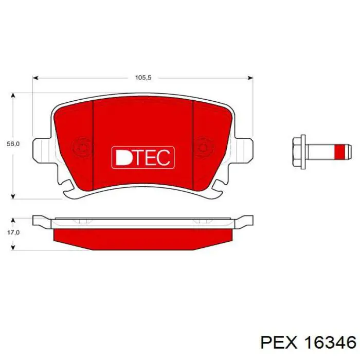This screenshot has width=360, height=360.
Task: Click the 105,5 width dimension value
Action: (143, 77)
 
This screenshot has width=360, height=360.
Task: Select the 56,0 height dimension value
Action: (13, 144)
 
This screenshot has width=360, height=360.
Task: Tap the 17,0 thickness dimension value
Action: (13, 232)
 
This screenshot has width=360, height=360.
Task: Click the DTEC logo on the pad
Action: (143, 157)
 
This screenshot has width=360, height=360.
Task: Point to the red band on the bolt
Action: (339, 152)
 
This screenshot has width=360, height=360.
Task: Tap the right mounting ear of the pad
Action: (243, 150)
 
